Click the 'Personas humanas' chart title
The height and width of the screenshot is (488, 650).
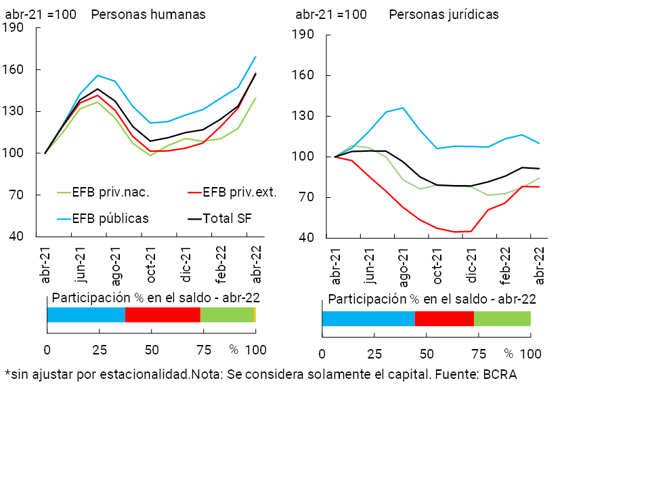point(148,14)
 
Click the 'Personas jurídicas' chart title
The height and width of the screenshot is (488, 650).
point(443,14)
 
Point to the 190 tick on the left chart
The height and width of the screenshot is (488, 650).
point(14,28)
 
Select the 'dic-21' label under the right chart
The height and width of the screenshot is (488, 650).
point(472,266)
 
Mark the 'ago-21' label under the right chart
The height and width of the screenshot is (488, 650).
point(404,266)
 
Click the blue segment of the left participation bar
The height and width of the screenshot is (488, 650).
point(86,314)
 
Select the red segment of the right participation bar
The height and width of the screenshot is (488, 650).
point(444,319)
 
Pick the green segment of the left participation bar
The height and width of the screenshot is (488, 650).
point(226,314)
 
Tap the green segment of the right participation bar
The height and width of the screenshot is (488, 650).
point(502,319)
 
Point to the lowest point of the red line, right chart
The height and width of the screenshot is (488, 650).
point(454,232)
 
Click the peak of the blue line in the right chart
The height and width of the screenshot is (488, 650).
point(403,108)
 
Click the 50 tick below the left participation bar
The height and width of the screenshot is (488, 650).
point(151,350)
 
